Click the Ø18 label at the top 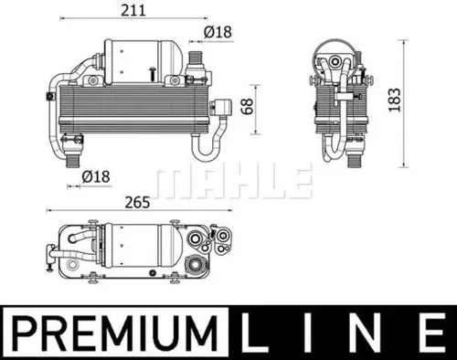pos(217,32)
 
